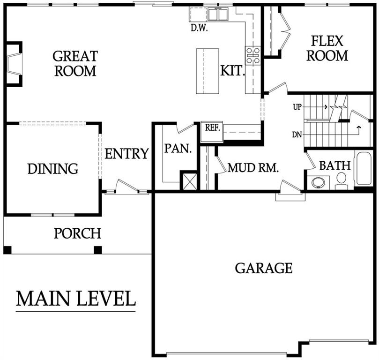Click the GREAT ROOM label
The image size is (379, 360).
tap(75, 63)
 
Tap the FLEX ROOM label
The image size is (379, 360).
tap(327, 48)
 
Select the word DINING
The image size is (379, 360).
tap(53, 169)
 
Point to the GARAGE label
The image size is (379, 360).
tap(264, 268)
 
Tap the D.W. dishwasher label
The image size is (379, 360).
tap(199, 28)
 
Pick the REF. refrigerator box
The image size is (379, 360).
tap(212, 132)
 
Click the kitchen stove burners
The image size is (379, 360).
tap(253, 55)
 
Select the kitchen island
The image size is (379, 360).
tap(208, 71)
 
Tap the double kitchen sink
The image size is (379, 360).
tap(218, 14)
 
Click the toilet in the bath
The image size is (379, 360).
tap(342, 181)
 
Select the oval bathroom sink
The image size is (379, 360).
tap(318, 182)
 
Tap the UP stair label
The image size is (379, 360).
tap(297, 107)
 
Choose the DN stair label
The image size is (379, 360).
tap(297, 135)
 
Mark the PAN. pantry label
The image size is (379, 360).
tap(178, 148)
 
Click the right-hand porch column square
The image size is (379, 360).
tap(97, 250)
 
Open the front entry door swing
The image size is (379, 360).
tap(126, 186)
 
